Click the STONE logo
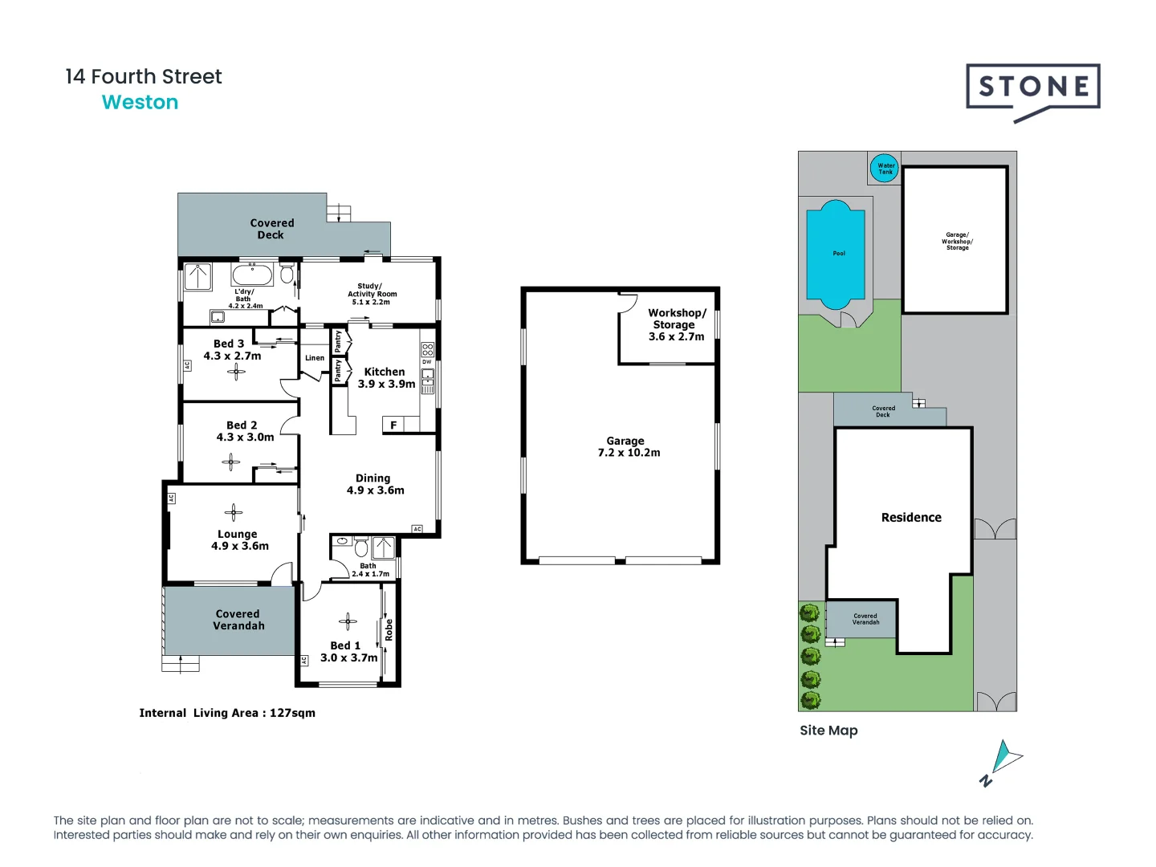click(x=1033, y=88)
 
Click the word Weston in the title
click(x=140, y=103)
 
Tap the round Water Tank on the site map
click(x=885, y=169)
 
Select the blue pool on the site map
click(x=836, y=254)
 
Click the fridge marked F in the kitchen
click(x=393, y=425)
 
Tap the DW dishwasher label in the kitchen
click(x=427, y=362)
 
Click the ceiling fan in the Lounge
click(x=234, y=512)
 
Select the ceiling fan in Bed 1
click(x=348, y=621)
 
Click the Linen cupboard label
click(x=315, y=358)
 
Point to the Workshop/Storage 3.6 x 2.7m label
click(x=676, y=324)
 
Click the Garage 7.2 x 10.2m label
click(x=628, y=447)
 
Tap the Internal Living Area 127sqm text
click(x=227, y=713)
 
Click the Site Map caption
click(x=828, y=731)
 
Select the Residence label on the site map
click(x=911, y=518)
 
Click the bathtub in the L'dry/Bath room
click(x=253, y=275)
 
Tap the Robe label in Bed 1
click(x=389, y=630)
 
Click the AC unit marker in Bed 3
click(x=187, y=365)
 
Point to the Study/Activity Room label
click(x=371, y=294)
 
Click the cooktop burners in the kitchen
click(x=427, y=349)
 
